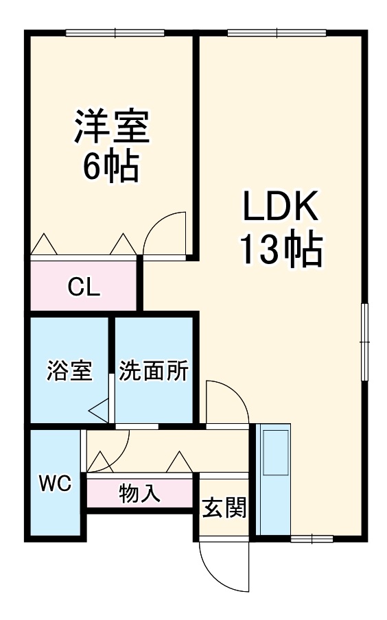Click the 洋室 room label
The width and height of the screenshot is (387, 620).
112,126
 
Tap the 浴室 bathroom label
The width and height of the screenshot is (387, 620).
69,371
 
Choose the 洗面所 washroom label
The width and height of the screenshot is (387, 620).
154,371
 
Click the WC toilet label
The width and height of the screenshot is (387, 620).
55,484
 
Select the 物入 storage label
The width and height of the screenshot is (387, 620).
140,492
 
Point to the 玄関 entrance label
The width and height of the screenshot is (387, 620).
224,508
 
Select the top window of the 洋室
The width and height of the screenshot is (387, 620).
115,32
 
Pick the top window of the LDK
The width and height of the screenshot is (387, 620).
277,32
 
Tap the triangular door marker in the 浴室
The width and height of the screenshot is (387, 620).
99,410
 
